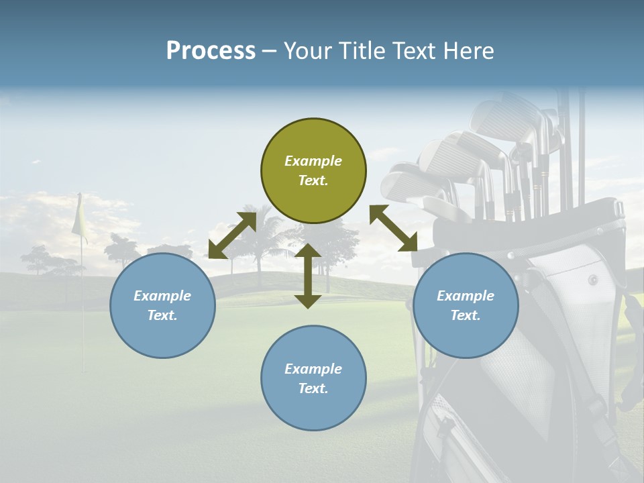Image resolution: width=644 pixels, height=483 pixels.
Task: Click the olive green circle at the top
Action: coord(313,171)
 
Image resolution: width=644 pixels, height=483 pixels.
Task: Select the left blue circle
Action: coord(162,305)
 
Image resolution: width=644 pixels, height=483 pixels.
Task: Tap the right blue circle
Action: coord(466,305)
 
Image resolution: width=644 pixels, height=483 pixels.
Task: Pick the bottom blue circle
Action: coord(313,378)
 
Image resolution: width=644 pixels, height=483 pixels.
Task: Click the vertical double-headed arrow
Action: coord(308,276)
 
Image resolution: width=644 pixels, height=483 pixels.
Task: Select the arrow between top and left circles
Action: coord(232,235)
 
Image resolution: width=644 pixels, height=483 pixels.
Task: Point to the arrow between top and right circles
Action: coord(394,228)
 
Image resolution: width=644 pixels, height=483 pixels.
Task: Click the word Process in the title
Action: coord(211,50)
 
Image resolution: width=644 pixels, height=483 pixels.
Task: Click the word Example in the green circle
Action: coord(313,161)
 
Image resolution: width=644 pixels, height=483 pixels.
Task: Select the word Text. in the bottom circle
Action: coord(313,388)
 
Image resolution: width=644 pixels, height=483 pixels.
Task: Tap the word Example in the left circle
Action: coord(162,296)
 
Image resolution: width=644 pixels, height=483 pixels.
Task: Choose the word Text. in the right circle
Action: coord(466,315)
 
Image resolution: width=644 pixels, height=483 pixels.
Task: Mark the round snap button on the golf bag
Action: coord(593,279)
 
